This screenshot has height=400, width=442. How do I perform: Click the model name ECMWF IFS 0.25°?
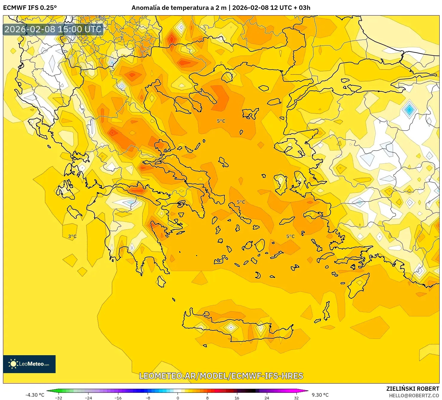30,8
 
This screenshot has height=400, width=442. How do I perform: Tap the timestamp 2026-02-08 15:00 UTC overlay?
53,29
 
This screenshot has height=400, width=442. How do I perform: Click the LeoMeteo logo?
29,364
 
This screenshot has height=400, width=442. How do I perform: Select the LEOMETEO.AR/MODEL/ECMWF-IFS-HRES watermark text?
221,376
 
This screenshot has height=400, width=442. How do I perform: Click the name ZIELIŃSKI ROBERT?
413,389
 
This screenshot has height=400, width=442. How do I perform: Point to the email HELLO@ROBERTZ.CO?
414,395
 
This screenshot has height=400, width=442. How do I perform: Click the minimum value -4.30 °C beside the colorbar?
35,395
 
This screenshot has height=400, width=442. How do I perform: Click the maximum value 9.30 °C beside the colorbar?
320,395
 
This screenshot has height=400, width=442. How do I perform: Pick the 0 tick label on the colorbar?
178,398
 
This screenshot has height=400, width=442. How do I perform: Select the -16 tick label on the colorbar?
118,398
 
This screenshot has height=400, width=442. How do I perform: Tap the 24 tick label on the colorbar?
267,398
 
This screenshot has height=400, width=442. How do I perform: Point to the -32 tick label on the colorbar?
59,398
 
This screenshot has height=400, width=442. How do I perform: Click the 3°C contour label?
72,236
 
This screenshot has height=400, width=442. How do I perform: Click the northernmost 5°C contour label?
221,121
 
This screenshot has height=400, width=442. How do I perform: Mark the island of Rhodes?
358,285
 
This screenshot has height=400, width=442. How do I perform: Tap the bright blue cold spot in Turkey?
409,110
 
